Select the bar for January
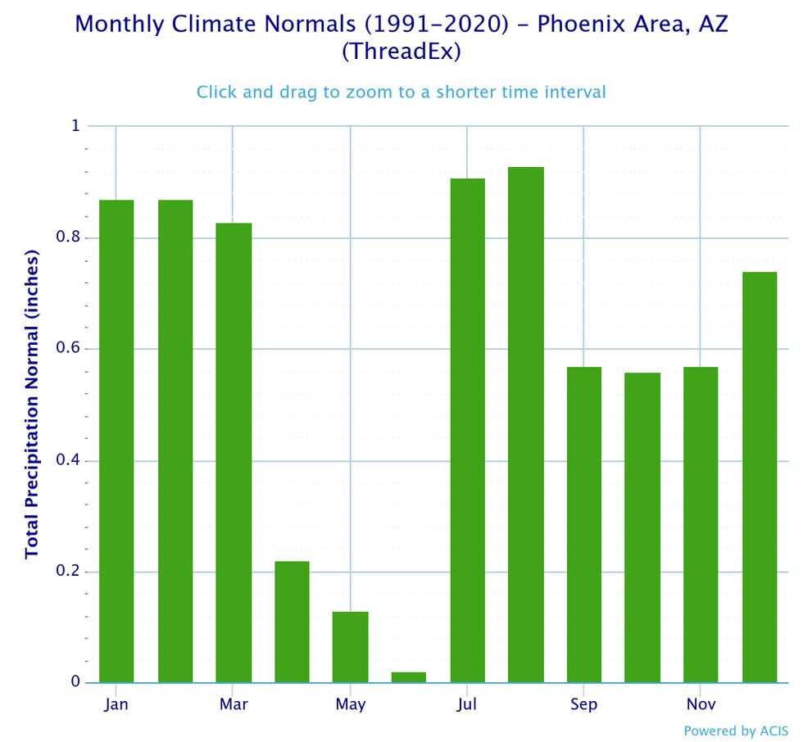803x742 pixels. point(116,441)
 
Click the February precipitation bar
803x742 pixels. point(175,441)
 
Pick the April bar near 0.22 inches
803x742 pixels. point(292,622)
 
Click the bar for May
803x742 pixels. point(350,647)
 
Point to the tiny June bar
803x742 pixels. point(409,677)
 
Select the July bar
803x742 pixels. point(467,431)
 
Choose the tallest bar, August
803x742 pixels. point(525,425)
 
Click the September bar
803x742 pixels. point(583,525)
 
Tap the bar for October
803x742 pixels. point(642,527)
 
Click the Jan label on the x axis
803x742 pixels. point(116,705)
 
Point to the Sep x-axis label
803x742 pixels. point(584,705)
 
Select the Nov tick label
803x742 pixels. point(701,705)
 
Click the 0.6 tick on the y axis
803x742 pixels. point(69,349)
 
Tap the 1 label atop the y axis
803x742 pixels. point(75,126)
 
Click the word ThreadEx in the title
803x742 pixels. point(401,52)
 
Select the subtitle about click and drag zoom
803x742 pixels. point(401,92)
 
